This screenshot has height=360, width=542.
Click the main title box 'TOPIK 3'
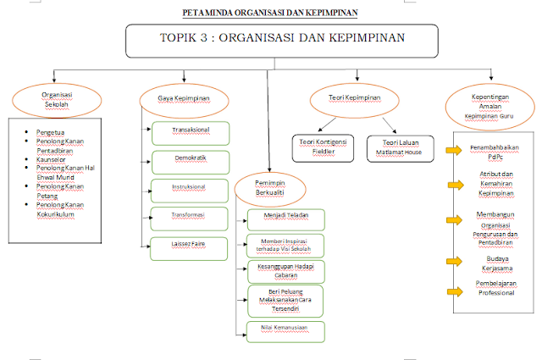pos(282,39)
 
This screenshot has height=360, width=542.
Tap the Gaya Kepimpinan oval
pos(184,99)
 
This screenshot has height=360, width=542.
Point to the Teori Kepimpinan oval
pos(355,99)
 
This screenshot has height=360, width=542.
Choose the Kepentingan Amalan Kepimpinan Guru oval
pos(489,103)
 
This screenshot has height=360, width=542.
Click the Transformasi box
pos(190,217)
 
